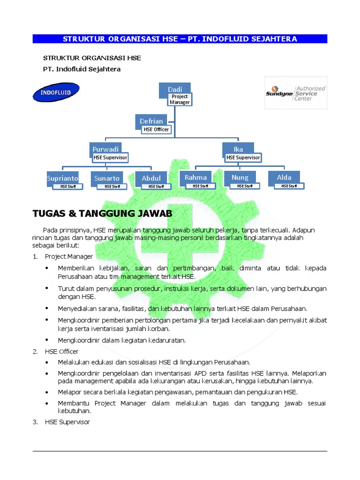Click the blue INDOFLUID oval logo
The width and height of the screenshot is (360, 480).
click(x=56, y=92)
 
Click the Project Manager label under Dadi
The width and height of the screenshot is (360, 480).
click(x=180, y=99)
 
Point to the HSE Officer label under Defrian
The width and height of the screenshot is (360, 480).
click(x=156, y=129)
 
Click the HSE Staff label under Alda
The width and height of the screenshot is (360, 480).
click(x=289, y=186)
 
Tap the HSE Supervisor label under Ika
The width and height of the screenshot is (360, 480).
click(x=243, y=158)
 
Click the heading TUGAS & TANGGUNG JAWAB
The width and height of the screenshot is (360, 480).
click(x=102, y=214)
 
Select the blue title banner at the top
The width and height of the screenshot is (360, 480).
click(x=180, y=39)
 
